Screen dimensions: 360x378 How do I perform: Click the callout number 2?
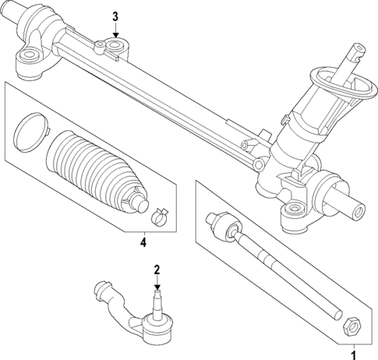[x=157, y=270]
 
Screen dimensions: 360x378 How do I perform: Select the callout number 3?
[x=115, y=16]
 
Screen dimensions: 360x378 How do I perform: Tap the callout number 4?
[x=143, y=242]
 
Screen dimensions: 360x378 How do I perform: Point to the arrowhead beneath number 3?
[x=115, y=35]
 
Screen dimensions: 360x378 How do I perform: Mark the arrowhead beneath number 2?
[x=157, y=286]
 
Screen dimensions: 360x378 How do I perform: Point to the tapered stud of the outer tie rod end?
[x=157, y=300]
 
